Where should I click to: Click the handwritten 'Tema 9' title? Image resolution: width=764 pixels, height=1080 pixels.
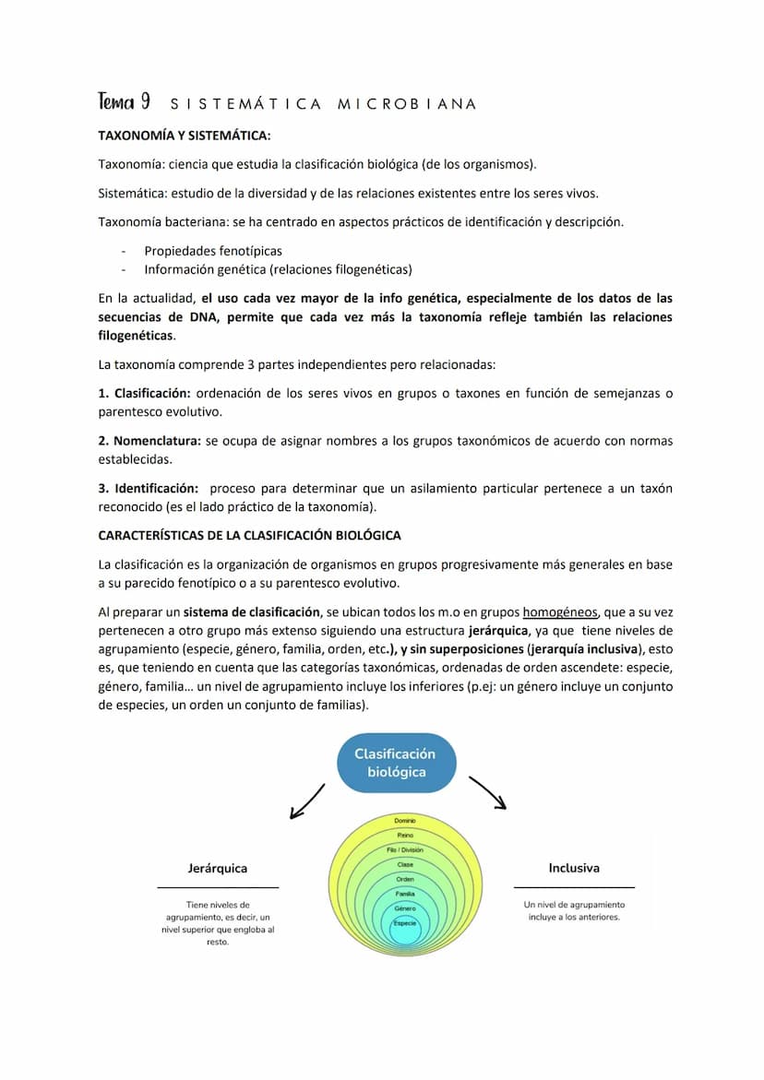pyautogui.click(x=125, y=102)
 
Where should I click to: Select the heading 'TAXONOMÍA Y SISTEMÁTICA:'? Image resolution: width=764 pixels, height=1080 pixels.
pyautogui.click(x=185, y=136)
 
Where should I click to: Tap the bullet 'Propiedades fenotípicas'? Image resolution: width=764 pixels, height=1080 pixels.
pyautogui.click(x=213, y=251)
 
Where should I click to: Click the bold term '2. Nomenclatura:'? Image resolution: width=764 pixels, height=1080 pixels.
pyautogui.click(x=149, y=441)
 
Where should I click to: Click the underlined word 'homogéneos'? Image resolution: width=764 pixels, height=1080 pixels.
pyautogui.click(x=560, y=611)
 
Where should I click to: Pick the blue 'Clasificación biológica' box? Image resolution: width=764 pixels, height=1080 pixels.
pyautogui.click(x=396, y=763)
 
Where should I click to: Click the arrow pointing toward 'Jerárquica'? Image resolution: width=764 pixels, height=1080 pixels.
pyautogui.click(x=307, y=801)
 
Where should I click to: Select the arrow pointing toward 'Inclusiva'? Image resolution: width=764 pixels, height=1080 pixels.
pyautogui.click(x=489, y=793)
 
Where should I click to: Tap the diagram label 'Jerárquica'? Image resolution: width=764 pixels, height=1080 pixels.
pyautogui.click(x=218, y=869)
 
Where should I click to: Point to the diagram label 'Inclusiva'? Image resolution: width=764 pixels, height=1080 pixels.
pyautogui.click(x=574, y=868)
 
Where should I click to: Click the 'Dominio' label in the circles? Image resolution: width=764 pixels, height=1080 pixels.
pyautogui.click(x=405, y=821)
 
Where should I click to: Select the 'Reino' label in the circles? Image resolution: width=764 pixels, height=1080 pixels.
pyautogui.click(x=405, y=836)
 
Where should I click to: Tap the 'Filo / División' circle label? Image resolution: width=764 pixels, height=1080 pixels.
pyautogui.click(x=405, y=849)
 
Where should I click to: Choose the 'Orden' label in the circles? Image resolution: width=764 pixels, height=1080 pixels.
pyautogui.click(x=405, y=879)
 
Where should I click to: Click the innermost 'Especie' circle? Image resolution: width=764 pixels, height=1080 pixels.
pyautogui.click(x=405, y=925)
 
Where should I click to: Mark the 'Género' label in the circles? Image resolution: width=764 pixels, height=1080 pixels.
pyautogui.click(x=405, y=908)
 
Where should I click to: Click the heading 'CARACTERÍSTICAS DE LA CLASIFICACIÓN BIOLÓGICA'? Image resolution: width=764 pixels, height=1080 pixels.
pyautogui.click(x=249, y=535)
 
